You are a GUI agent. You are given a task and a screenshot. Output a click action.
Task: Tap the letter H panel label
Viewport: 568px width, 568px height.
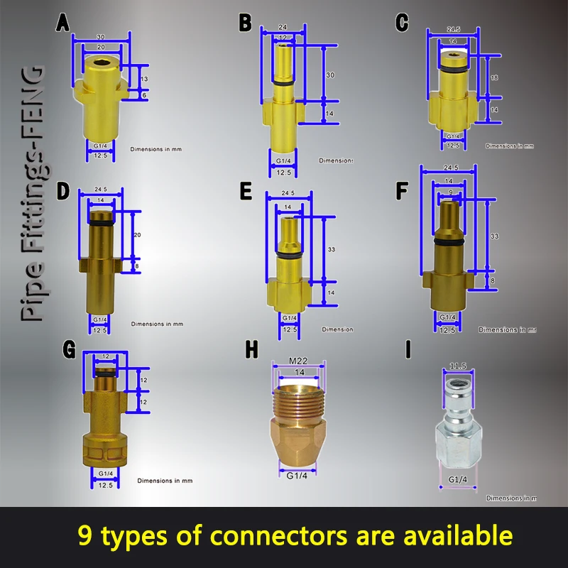[251, 350]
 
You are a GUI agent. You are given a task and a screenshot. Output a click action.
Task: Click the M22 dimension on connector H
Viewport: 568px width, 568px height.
[299, 359]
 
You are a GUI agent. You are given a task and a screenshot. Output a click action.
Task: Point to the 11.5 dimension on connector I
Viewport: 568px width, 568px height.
[458, 367]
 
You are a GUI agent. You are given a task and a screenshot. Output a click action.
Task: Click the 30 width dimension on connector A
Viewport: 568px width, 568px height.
[101, 37]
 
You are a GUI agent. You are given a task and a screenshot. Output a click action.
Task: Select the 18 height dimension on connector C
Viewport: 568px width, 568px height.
[495, 77]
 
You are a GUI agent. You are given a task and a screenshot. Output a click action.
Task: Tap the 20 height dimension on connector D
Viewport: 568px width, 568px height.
[138, 235]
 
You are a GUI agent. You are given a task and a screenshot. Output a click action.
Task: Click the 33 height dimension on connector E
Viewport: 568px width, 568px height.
[330, 250]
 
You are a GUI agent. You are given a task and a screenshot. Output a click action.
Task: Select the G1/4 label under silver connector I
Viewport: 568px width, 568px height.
[458, 480]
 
